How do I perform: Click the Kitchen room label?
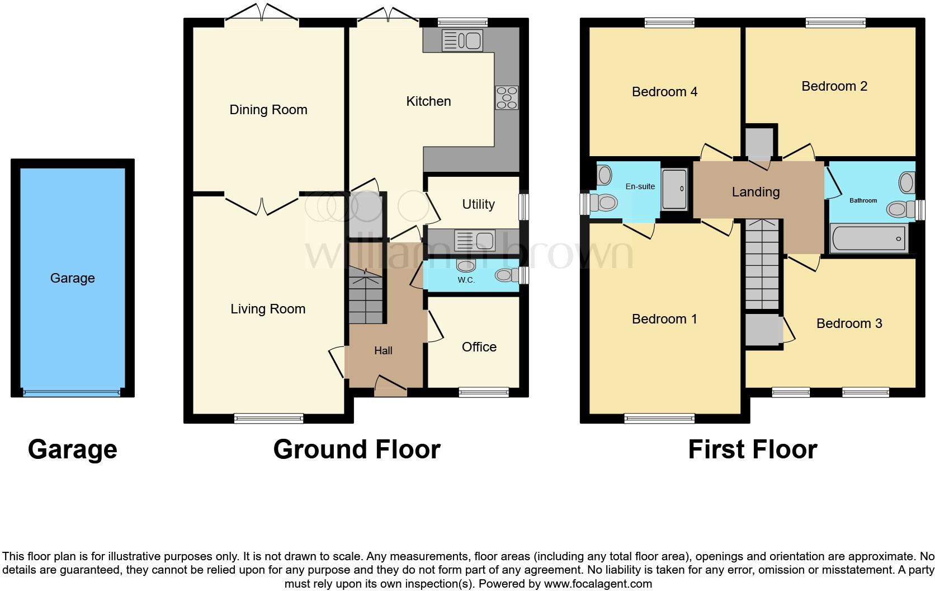coord(428,101)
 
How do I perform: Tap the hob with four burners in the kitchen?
coord(507,97)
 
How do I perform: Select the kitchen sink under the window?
coord(462,41)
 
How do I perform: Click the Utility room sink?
coord(475,240)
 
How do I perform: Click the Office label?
coord(479,347)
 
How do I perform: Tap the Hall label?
coord(383,351)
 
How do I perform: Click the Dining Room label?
coord(268,110)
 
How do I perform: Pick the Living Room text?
coord(268,309)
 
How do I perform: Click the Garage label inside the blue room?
coord(73,278)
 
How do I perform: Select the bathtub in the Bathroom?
coord(868,238)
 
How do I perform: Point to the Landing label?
coord(755,192)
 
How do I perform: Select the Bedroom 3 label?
coord(849,323)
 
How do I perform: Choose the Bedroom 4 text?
coord(664,92)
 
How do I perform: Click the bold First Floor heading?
coord(752,449)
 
